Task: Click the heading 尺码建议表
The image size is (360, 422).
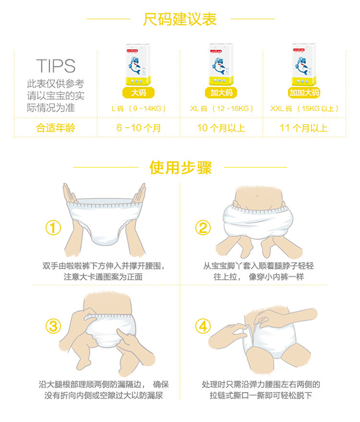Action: tap(180, 19)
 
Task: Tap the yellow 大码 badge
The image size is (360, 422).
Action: tap(138, 92)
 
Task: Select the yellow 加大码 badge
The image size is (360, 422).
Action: tap(221, 92)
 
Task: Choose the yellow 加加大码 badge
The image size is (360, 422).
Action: tap(304, 92)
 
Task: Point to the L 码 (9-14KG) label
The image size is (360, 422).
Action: tap(139, 109)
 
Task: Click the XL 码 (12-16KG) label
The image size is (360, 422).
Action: tap(221, 109)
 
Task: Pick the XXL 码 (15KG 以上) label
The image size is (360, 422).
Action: tap(304, 109)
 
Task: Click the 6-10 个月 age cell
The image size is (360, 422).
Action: tap(139, 128)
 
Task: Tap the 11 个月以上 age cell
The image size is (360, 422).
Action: tap(304, 128)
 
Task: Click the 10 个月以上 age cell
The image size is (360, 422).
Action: tap(221, 128)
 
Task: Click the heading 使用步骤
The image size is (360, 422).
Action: tap(180, 167)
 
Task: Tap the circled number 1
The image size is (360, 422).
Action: tap(54, 228)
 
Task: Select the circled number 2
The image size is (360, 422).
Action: tap(203, 228)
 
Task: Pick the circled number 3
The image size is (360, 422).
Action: tap(54, 326)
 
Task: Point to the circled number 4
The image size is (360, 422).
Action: tap(203, 326)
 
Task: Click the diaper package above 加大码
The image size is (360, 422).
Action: tap(221, 64)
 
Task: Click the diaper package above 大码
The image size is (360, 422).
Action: tap(138, 64)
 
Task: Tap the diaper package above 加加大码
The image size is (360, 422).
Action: tap(304, 64)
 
